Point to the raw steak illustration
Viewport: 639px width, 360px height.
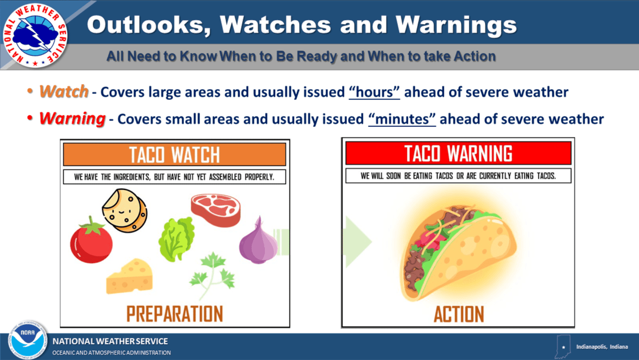216,210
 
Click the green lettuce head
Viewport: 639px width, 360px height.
177,239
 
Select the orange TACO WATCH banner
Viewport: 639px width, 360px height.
174,154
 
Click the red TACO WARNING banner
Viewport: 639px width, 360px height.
458,153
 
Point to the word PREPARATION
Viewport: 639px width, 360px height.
174,314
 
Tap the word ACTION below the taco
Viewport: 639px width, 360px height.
458,314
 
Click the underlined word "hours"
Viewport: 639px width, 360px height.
374,92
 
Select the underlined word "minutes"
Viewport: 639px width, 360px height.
402,119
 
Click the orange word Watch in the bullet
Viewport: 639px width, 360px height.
64,91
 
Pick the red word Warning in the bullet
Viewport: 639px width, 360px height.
72,119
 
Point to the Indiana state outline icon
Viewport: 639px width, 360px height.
563,346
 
